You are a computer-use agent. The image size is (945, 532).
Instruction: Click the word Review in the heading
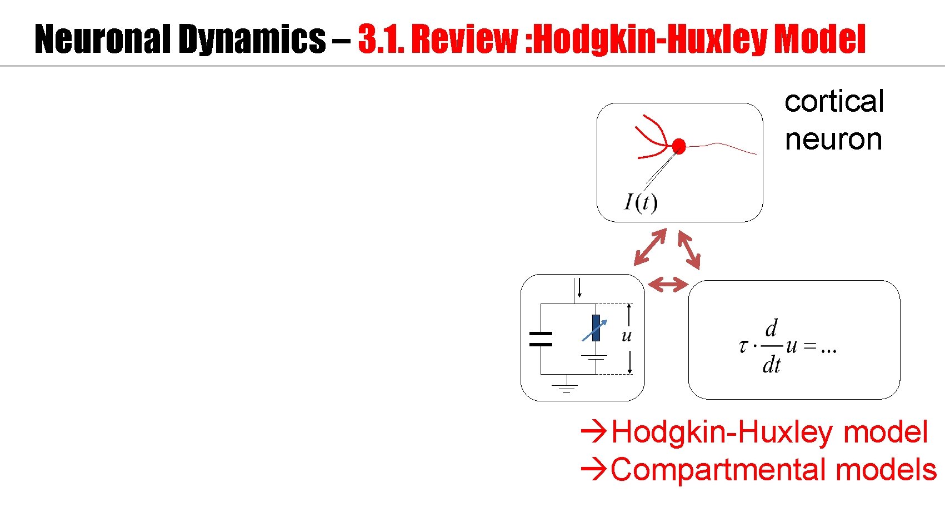coord(464,39)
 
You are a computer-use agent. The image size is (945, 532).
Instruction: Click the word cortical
coord(834,102)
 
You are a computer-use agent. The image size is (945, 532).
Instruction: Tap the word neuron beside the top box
coord(833,140)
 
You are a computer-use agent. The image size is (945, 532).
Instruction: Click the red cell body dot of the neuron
coord(678,146)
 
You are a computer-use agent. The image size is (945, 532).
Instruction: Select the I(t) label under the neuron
coord(641,202)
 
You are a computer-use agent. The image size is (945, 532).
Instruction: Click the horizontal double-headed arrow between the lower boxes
coord(668,285)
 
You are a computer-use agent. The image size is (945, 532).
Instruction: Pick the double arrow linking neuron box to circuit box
coord(650,247)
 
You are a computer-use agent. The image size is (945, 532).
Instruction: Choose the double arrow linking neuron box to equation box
coord(689,250)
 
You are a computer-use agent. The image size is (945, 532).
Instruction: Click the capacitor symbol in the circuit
coord(541,339)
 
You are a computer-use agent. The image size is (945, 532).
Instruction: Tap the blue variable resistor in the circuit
coord(596,329)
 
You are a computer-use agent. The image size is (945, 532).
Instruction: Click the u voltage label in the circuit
coord(627,336)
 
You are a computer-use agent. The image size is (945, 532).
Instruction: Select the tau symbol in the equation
coord(743,347)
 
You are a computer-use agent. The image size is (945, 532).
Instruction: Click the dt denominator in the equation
coord(771,365)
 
